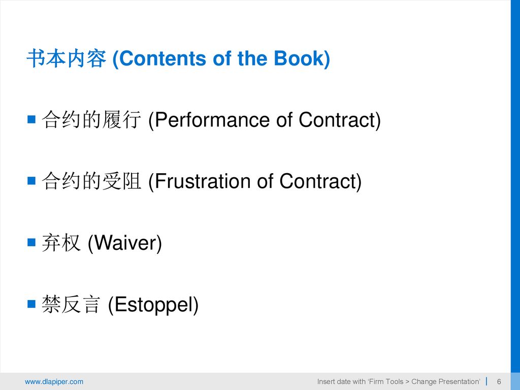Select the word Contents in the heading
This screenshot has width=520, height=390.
click(162, 58)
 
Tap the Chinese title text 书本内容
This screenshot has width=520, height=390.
click(67, 58)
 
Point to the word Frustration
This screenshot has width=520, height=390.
click(202, 181)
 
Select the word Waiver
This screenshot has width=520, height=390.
click(124, 243)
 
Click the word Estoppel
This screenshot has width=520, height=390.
click(153, 305)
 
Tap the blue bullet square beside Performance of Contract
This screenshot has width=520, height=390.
click(31, 119)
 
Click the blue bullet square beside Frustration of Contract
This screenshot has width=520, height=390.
click(31, 180)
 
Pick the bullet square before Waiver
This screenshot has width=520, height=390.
click(31, 242)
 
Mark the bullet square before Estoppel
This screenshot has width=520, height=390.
click(31, 304)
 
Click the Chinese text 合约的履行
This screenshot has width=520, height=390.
click(91, 119)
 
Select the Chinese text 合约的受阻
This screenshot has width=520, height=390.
click(91, 181)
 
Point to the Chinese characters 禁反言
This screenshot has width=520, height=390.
click(71, 304)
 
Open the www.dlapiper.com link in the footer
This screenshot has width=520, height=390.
click(54, 382)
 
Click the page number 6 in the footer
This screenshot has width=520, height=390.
click(499, 382)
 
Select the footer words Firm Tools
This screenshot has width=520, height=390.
click(386, 382)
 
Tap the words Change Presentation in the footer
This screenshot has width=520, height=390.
click(445, 382)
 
